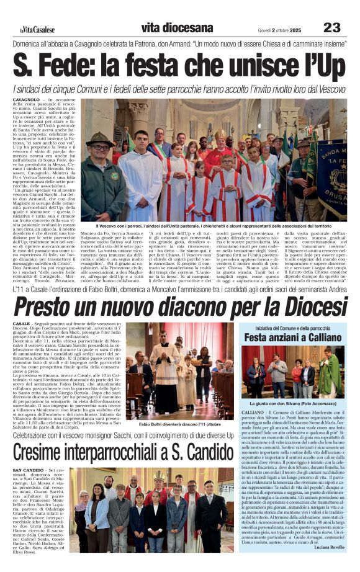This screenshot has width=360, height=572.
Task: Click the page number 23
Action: click(x=332, y=27)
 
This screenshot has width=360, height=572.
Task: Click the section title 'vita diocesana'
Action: click(x=177, y=28)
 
